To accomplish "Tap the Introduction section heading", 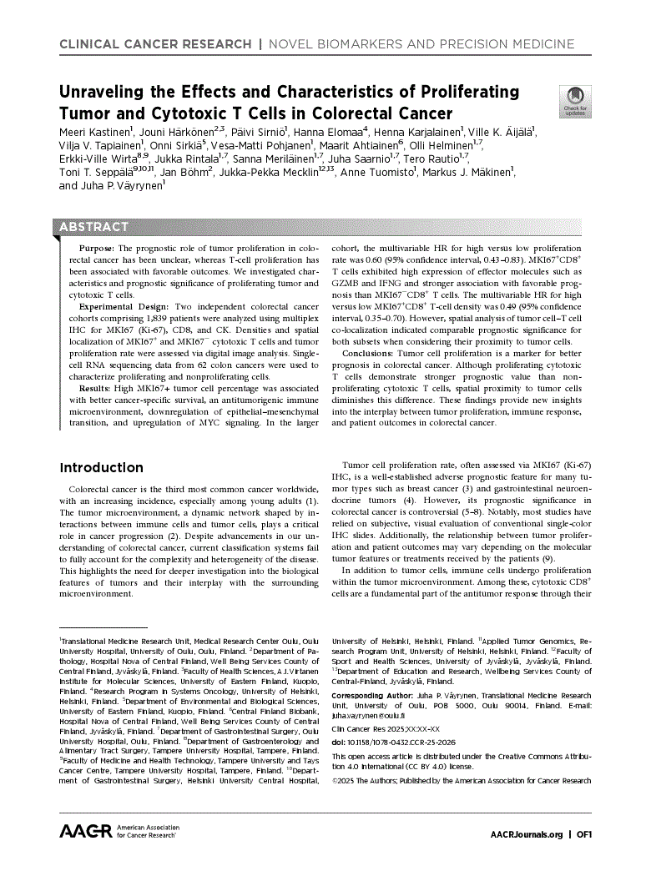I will coord(101,467).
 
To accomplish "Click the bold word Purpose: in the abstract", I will coord(98,249).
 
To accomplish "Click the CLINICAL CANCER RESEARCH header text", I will coord(154,43).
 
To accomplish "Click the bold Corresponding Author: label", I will coord(372,695).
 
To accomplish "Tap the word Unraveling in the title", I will coord(110,91).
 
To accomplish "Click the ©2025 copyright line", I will coord(461,781).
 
